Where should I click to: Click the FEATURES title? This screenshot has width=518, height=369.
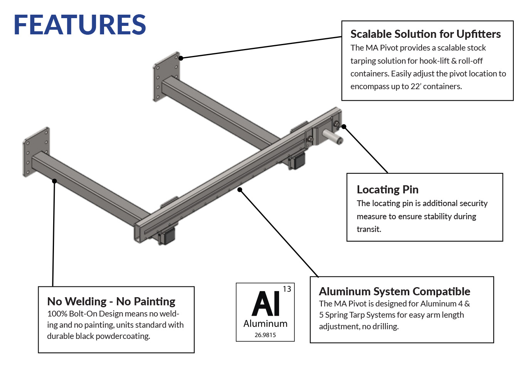tap(80, 25)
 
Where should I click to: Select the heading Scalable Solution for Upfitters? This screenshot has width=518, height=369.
tap(425, 34)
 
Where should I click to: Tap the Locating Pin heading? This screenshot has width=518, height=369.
tap(387, 190)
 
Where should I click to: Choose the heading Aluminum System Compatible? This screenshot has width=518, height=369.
tap(394, 291)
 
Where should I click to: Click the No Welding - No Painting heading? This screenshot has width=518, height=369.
tap(111, 301)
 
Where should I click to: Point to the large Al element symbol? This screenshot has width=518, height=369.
tap(266, 304)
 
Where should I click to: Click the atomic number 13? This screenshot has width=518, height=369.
tap(287, 289)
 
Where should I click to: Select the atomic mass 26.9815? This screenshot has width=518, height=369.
tap(265, 335)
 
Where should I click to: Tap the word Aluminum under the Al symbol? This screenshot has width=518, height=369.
tap(265, 323)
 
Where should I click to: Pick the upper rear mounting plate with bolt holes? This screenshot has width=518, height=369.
tap(166, 76)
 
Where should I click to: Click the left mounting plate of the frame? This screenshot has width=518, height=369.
tap(36, 152)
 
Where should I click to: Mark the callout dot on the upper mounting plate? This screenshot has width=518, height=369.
tap(181, 58)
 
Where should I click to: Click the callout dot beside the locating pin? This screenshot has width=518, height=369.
tap(344, 127)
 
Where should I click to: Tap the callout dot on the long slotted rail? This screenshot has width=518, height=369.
tap(240, 190)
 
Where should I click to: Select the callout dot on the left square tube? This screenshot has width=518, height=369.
tap(55, 181)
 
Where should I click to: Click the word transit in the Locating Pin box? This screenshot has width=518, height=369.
tap(368, 229)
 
